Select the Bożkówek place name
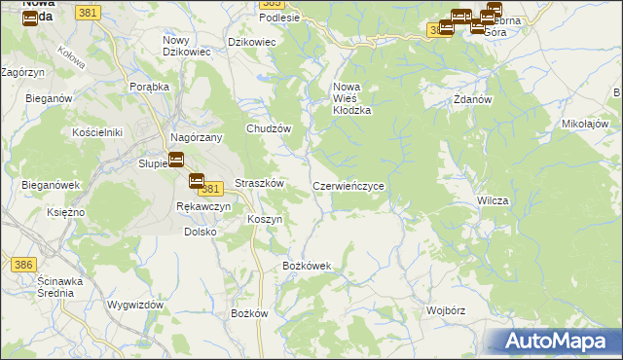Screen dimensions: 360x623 pyautogui.click(x=307, y=266)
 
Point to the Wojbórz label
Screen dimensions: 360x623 pyautogui.click(x=448, y=310)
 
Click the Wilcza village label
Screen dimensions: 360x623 pyautogui.click(x=493, y=199)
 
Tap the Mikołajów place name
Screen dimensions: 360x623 pyautogui.click(x=585, y=125)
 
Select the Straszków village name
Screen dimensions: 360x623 pyautogui.click(x=259, y=183)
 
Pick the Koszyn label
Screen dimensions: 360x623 pyautogui.click(x=265, y=220)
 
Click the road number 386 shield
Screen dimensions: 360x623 pyautogui.click(x=23, y=264)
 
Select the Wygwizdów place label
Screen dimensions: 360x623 pyautogui.click(x=135, y=305)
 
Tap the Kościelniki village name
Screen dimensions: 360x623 pyautogui.click(x=96, y=131)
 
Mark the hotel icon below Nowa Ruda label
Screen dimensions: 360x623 pyautogui.click(x=29, y=18)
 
